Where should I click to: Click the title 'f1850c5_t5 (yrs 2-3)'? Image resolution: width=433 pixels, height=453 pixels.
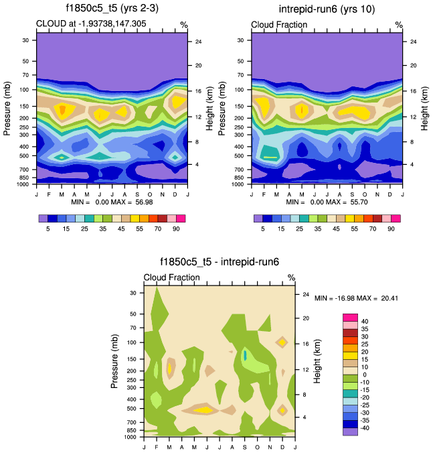coord(111,9)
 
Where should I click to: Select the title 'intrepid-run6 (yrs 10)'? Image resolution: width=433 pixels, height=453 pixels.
coord(327,9)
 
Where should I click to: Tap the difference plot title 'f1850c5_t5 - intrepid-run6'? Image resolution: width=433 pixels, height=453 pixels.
coord(219,262)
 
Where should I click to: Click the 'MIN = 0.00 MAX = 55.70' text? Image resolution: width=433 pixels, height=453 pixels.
coord(327,201)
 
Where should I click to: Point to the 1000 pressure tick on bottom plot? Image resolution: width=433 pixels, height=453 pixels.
coord(131,436)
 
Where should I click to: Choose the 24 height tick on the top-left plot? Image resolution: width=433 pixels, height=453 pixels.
coord(197,42)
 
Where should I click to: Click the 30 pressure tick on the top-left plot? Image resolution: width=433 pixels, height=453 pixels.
coord(25,40)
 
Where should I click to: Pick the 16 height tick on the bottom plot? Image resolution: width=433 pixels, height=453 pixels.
coord(305,344)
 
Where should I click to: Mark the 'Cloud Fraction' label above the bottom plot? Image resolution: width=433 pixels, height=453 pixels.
coord(171,277)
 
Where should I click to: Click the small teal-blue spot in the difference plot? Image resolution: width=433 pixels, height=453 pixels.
coord(245,355)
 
